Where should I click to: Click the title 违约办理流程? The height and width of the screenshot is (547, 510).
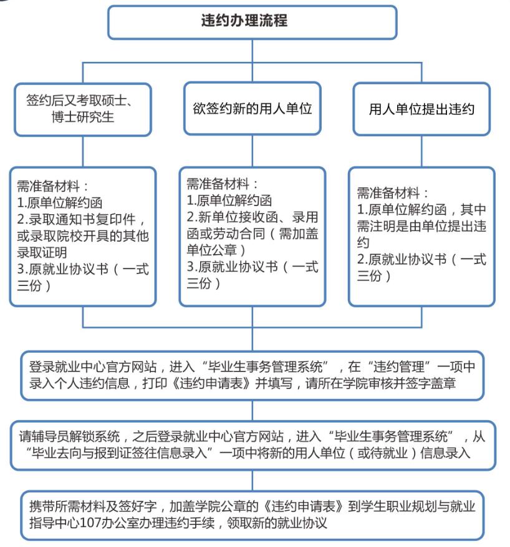[244, 20]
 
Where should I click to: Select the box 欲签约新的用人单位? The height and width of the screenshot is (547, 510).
[253, 108]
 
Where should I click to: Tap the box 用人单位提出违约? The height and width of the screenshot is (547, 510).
[421, 109]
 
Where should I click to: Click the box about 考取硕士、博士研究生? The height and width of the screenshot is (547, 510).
[82, 109]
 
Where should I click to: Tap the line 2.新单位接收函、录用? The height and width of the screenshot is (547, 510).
[253, 217]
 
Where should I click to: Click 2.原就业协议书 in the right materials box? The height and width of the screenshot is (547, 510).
[402, 259]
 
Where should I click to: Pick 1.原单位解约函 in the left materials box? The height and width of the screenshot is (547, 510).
[60, 203]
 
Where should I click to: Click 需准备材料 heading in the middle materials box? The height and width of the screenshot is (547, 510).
[218, 184]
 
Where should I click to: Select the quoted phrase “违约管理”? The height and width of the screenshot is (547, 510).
[398, 367]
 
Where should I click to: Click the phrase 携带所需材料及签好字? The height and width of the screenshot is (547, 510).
[93, 506]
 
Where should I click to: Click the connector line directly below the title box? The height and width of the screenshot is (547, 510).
[253, 51]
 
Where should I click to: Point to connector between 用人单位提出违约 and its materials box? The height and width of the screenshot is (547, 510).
[421, 151]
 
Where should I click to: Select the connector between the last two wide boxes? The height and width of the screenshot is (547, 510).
[253, 480]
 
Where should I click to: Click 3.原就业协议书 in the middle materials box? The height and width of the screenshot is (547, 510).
[232, 267]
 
